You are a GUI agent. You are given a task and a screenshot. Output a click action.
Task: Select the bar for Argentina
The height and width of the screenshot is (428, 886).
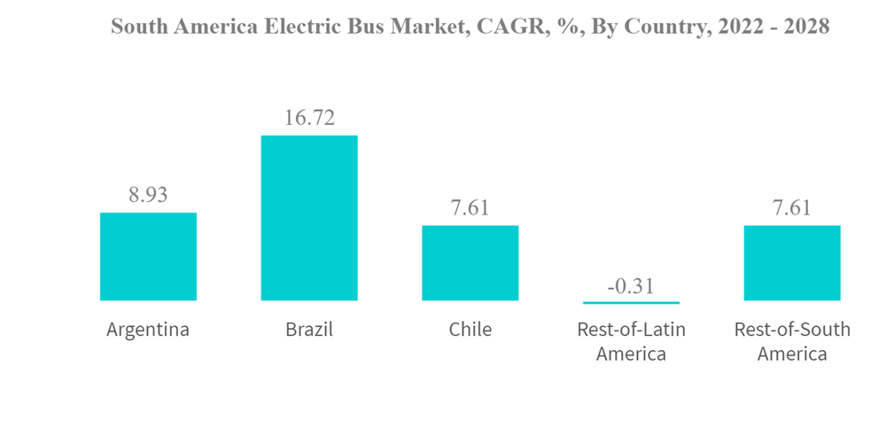pos(148,256)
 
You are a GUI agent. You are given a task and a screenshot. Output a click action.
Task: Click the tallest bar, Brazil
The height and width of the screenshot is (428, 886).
pos(308,218)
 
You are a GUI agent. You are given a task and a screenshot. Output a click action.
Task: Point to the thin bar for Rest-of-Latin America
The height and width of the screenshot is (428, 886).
pos(631,302)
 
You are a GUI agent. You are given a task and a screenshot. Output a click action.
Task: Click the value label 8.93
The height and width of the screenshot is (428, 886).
pos(148,195)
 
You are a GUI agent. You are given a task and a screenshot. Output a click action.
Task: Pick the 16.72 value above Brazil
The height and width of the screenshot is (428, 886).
pos(308,118)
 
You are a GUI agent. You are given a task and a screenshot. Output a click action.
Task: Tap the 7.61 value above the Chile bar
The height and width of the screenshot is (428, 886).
pos(470,208)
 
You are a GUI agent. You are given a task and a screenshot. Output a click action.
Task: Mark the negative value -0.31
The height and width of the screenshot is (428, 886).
pos(631,284)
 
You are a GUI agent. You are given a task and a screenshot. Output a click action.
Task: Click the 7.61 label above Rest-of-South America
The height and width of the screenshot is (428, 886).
pos(791,208)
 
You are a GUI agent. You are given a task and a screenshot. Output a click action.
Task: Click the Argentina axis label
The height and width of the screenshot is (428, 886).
pos(148,330)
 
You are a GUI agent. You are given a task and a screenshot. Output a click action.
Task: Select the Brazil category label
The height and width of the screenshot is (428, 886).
pos(308,330)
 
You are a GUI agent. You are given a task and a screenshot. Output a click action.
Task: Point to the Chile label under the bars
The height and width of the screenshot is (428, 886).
pos(470,330)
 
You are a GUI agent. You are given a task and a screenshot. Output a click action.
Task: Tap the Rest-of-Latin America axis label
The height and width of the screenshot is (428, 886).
pos(631,341)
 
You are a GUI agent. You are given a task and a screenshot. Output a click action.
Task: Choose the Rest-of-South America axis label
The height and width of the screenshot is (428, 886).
pos(791,341)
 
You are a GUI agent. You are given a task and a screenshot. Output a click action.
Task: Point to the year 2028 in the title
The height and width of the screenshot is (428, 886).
pos(805,27)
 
